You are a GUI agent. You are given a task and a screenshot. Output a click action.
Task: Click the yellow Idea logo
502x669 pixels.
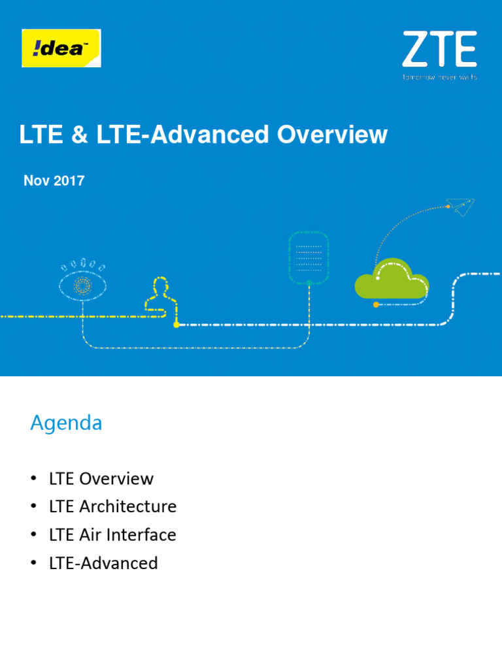tap(61, 48)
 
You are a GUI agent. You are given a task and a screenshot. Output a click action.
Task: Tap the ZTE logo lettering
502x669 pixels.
tap(439, 50)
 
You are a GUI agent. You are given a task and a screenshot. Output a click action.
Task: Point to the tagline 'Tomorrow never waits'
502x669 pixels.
tap(439, 77)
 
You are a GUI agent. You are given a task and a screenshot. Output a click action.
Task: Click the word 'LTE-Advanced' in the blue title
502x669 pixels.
tap(182, 135)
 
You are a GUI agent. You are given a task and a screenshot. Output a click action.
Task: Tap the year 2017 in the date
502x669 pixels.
tap(69, 181)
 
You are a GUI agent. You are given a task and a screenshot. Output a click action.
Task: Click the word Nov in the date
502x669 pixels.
tap(37, 181)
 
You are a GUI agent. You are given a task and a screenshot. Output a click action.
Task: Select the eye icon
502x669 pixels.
tap(82, 282)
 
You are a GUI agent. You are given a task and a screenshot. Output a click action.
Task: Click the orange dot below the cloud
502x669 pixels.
tap(375, 304)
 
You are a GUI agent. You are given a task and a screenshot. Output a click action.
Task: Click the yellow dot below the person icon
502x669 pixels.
tap(176, 324)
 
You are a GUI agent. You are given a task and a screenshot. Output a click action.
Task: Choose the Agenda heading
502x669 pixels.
tap(66, 423)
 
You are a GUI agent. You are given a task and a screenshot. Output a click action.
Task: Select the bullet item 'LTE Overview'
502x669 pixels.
tap(101, 478)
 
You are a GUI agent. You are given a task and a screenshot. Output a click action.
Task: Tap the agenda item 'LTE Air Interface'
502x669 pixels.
tap(112, 534)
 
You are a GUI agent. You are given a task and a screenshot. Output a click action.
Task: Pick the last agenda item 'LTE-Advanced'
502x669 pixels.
tap(103, 563)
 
